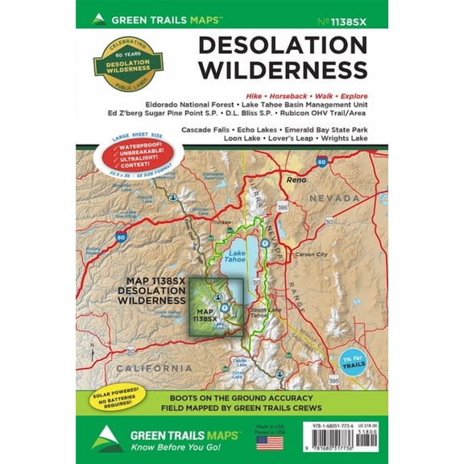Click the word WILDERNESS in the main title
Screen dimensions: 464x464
284,70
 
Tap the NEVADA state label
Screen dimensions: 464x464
334,198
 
